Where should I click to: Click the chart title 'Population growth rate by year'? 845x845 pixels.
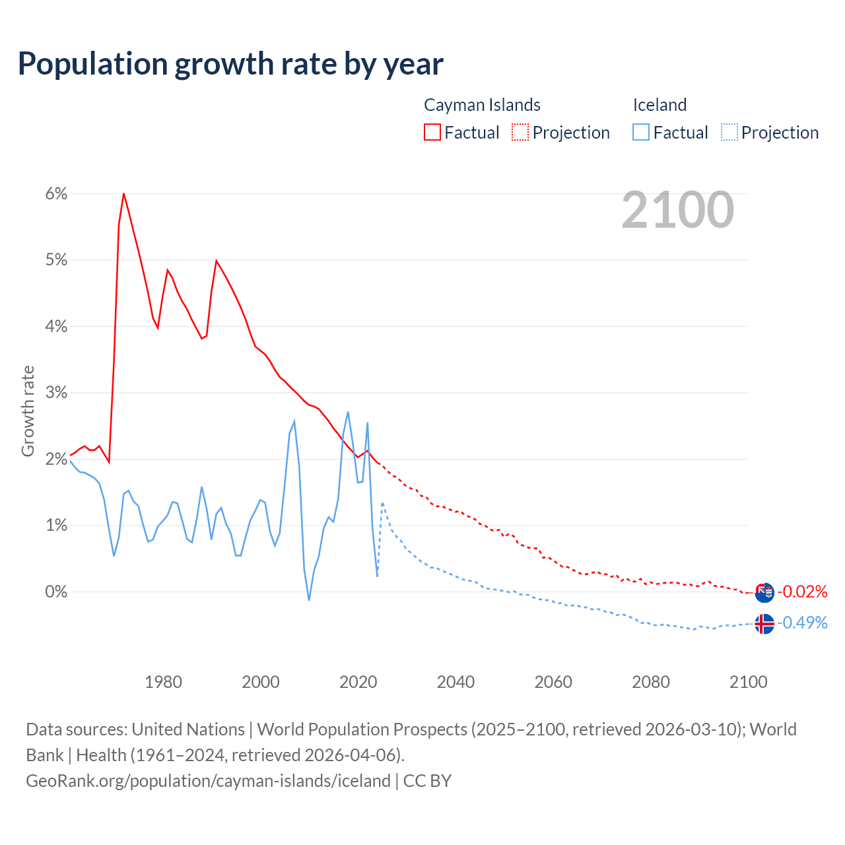230,63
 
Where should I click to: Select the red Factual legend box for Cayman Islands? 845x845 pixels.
432,132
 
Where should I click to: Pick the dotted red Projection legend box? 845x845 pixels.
520,132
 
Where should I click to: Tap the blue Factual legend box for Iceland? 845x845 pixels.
641,132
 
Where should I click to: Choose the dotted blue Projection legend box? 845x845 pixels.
729,132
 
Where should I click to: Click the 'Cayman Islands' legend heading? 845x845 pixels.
482,105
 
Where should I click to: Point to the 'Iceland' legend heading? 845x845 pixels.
659,105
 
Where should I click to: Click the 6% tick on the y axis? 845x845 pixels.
57,193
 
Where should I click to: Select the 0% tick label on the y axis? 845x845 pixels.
57,591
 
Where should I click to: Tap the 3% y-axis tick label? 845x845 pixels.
57,393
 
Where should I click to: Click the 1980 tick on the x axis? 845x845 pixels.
163,682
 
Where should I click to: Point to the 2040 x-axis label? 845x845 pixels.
456,682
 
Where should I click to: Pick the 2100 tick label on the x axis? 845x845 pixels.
748,682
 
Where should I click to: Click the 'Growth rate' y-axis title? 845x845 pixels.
28,411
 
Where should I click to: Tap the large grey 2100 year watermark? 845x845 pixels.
677,210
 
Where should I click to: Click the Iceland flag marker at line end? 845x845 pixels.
764,624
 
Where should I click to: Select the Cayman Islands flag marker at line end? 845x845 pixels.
764,592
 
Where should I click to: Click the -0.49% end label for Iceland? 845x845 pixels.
802,623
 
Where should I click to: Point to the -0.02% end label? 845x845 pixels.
802,591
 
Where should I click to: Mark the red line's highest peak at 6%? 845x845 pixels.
123,193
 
